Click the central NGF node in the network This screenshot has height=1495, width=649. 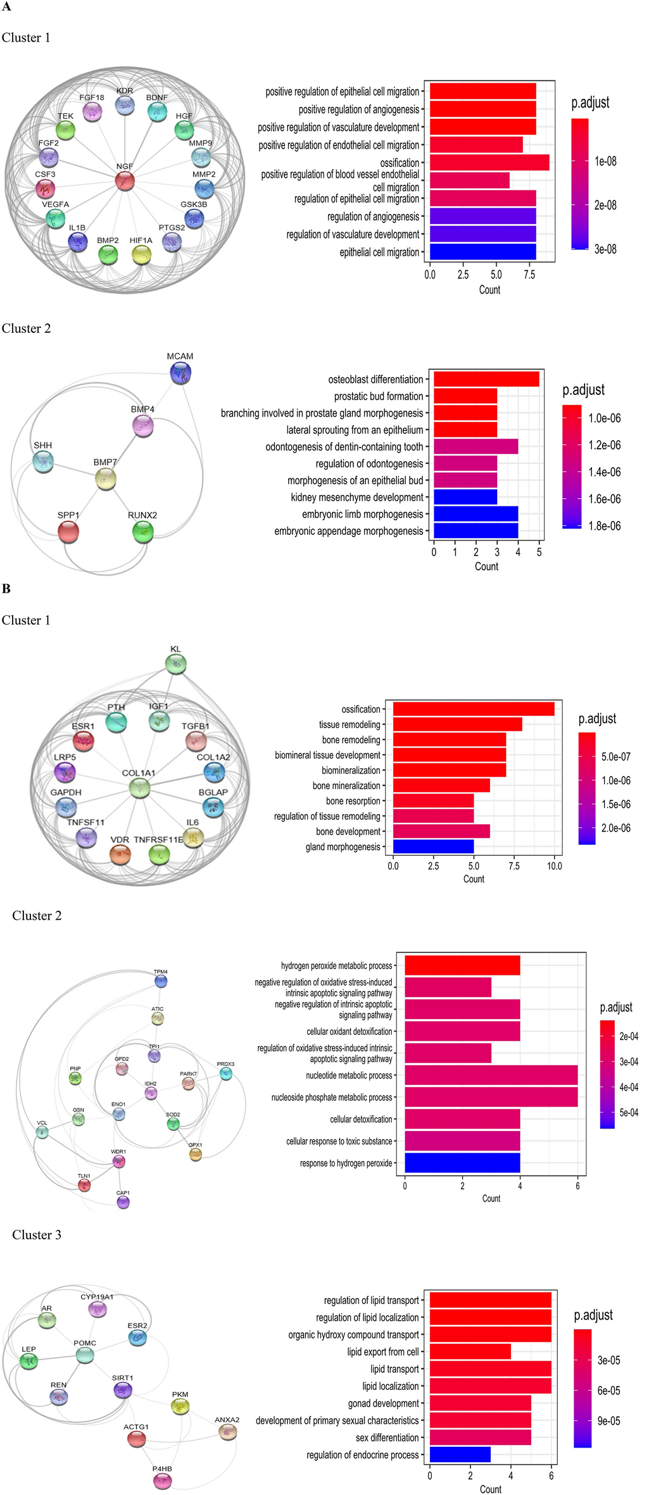[125, 181]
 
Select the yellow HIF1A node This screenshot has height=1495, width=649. [141, 255]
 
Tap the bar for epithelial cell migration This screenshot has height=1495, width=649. [482, 252]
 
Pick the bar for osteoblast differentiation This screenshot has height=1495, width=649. [486, 379]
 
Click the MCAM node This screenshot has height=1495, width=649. [180, 373]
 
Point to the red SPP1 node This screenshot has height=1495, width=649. [68, 532]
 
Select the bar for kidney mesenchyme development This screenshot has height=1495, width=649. [465, 497]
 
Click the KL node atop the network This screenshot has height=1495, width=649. [175, 664]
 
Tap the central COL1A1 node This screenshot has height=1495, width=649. [139, 789]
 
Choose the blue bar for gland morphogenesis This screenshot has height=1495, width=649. [433, 847]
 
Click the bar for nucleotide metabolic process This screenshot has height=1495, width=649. [491, 1075]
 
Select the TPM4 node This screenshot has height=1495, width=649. [161, 982]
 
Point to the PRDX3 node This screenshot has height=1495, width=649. [225, 1073]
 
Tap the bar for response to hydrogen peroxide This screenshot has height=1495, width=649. [462, 1163]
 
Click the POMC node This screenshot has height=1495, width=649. [85, 1355]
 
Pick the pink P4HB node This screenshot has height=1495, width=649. [163, 1480]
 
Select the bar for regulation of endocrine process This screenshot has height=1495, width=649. [460, 1455]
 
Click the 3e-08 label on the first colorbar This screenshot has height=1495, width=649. [605, 249]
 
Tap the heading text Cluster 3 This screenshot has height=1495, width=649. [37, 1235]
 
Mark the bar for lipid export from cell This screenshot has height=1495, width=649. [470, 1352]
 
